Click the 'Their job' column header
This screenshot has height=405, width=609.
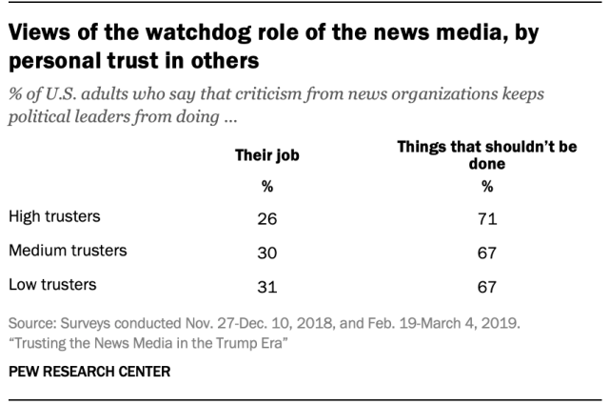click(266, 155)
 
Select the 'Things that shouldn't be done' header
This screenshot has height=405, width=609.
click(487, 155)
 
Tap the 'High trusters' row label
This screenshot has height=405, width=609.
click(53, 218)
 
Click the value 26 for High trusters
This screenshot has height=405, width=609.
click(266, 219)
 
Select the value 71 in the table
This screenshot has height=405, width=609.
click(486, 219)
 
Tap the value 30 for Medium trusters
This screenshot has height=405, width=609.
click(266, 253)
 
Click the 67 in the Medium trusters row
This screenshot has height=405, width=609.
click(486, 253)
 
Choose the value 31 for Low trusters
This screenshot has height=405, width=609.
click(266, 285)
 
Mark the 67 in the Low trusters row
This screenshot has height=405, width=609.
click(486, 285)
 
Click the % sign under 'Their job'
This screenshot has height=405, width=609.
click(266, 186)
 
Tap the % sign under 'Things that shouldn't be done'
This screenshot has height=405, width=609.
click(486, 186)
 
